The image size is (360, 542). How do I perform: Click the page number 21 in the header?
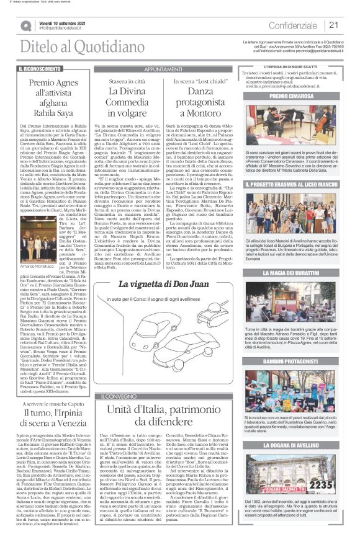(x=333, y=25)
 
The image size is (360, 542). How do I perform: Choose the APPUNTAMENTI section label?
(x=163, y=69)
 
